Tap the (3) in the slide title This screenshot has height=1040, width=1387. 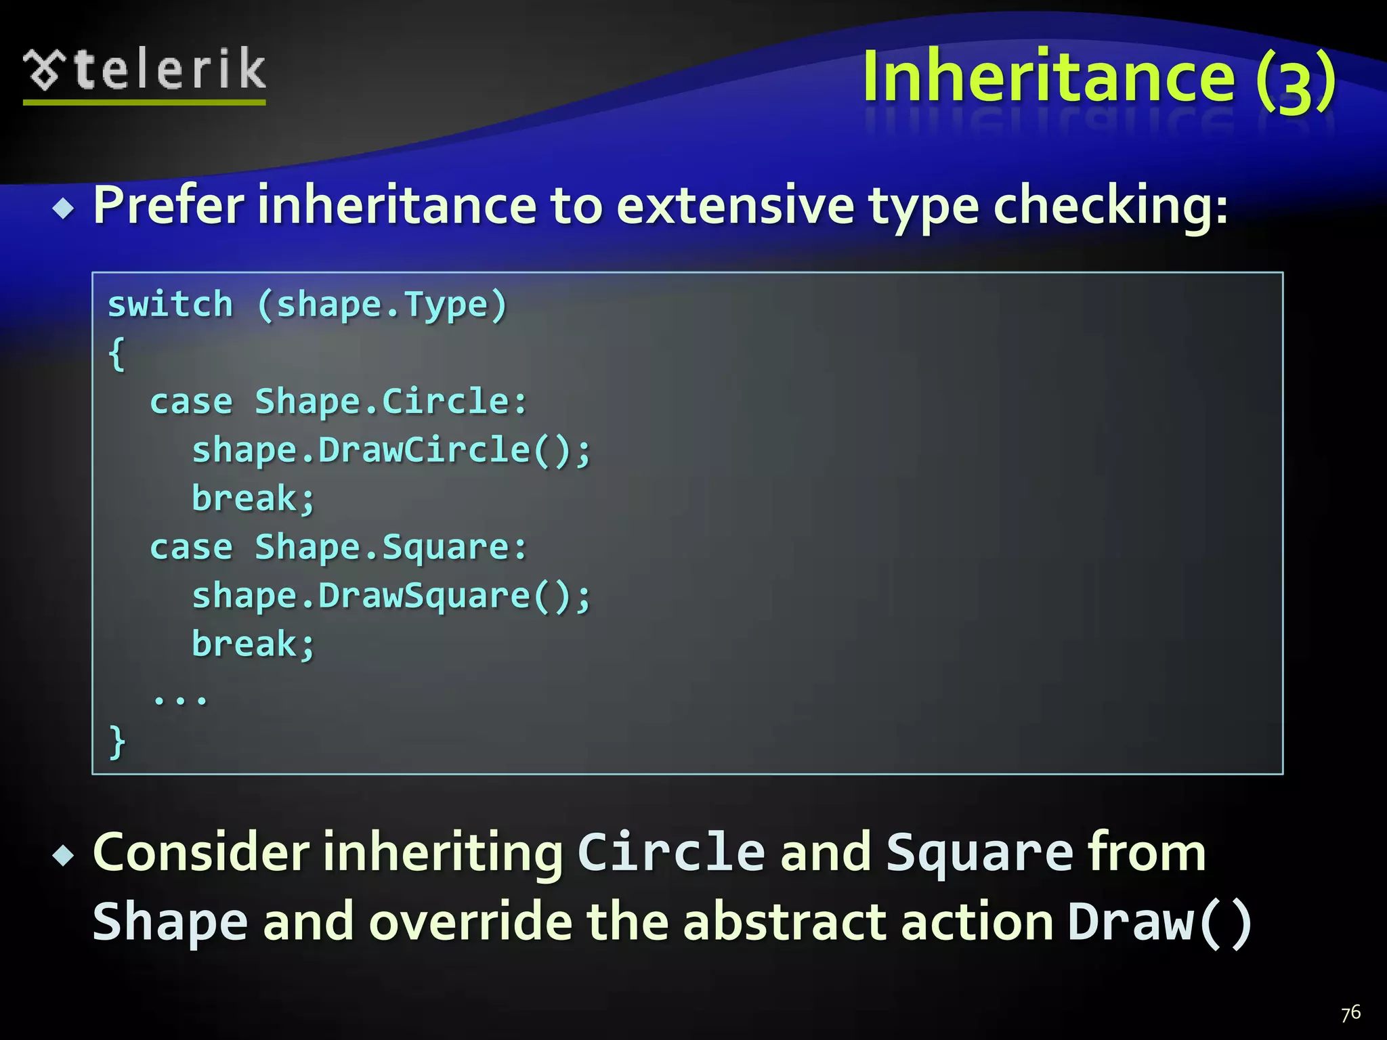click(x=1296, y=81)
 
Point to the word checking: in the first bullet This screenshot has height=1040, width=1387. click(x=1110, y=207)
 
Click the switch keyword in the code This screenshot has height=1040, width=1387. click(x=170, y=304)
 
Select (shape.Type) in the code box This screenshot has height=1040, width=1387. click(x=382, y=305)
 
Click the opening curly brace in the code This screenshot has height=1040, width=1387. click(x=116, y=353)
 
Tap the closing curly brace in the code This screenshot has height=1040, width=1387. click(x=116, y=741)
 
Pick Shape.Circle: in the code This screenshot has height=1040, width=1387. click(x=391, y=402)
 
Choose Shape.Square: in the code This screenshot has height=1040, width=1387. click(x=391, y=547)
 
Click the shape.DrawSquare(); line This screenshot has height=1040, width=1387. click(x=391, y=597)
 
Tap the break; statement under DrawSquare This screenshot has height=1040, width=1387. click(x=253, y=644)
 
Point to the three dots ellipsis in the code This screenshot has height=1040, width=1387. click(x=180, y=697)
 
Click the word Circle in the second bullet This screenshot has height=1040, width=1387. click(x=671, y=852)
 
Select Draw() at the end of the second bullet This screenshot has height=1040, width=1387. click(x=1159, y=922)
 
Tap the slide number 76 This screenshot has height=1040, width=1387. click(x=1350, y=1013)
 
